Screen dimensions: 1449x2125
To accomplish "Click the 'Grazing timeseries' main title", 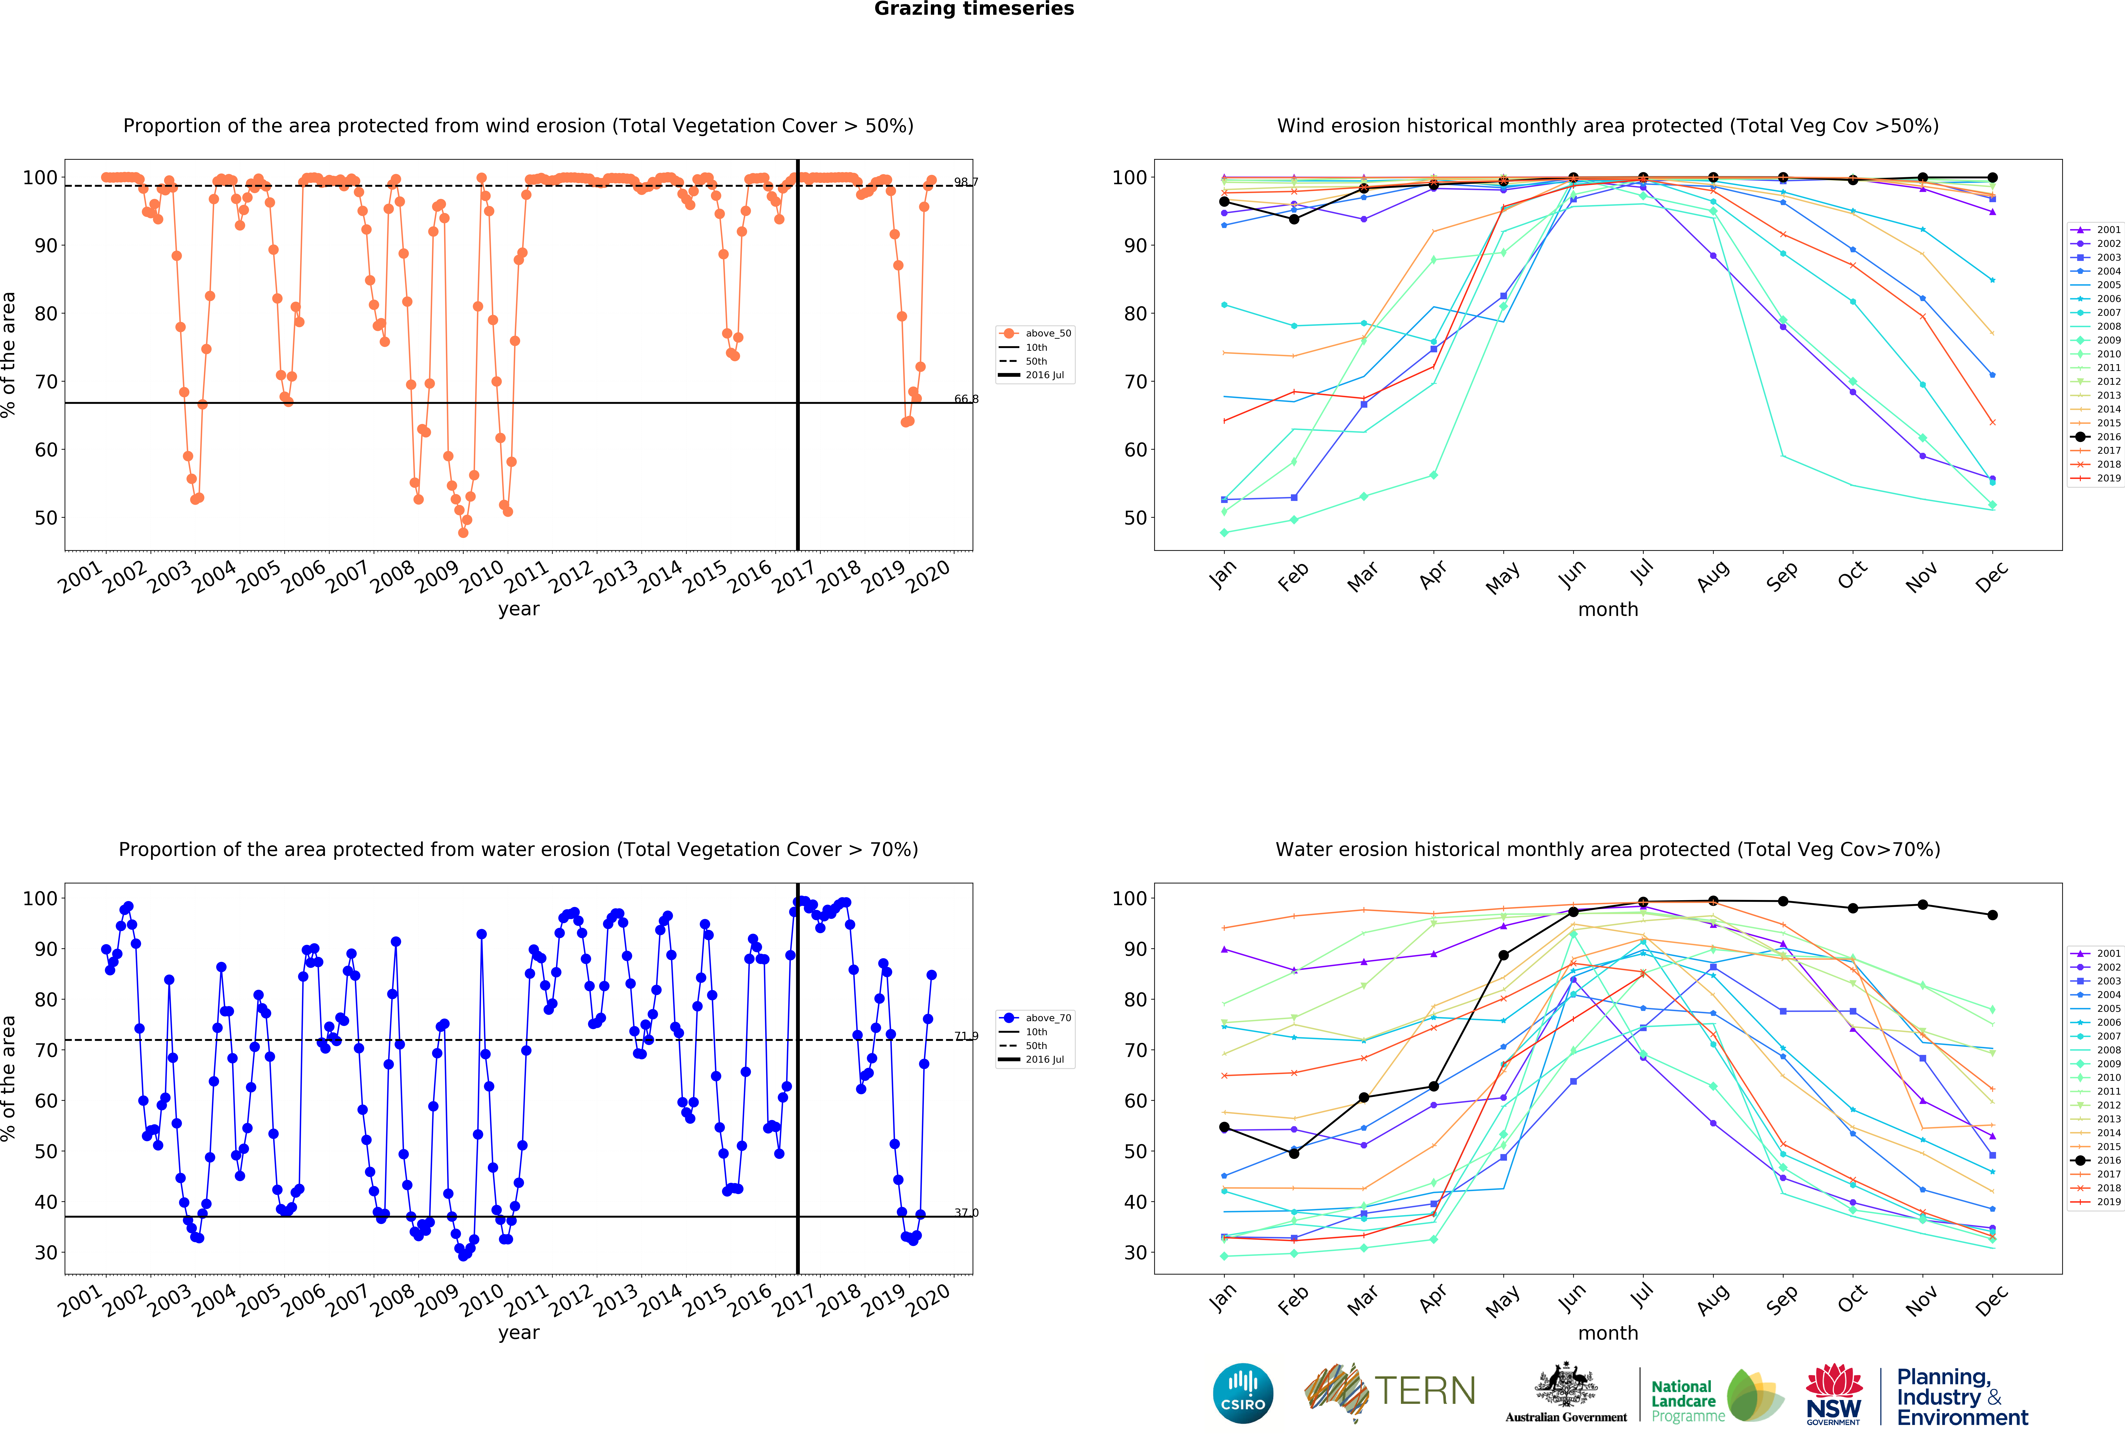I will [974, 9].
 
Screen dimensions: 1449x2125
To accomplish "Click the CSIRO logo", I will [1243, 1393].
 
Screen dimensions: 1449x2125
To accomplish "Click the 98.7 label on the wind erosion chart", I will [966, 182].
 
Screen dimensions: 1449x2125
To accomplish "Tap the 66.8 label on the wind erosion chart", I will [966, 399].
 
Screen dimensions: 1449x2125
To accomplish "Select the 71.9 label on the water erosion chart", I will [966, 1036].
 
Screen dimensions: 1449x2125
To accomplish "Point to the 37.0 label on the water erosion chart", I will [966, 1213].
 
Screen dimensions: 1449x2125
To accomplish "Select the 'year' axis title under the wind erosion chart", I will [518, 609].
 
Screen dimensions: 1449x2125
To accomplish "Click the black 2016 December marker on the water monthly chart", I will [1992, 915].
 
